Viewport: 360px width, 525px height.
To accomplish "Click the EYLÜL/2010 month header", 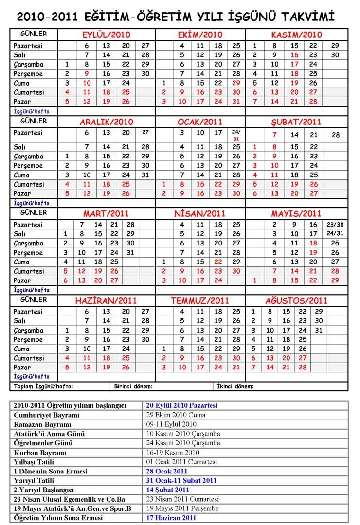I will (106, 35).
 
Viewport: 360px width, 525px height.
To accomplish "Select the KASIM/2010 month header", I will (297, 35).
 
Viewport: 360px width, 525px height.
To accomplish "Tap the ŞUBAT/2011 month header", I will (297, 122).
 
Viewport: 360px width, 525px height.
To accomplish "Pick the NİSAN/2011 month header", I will (200, 213).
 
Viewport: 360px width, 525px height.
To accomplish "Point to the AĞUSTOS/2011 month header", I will (297, 300).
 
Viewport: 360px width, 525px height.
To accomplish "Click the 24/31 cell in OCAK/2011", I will (236, 135).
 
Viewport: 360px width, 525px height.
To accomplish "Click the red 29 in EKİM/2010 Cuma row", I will (236, 83).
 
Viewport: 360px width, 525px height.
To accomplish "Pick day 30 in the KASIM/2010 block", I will (335, 55).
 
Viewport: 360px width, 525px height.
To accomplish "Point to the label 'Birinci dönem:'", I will (134, 386).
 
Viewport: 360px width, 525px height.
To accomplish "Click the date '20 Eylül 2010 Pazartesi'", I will (182, 405).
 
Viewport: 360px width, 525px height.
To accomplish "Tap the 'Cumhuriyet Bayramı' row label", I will (47, 415).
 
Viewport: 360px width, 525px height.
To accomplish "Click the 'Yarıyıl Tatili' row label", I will (36, 481).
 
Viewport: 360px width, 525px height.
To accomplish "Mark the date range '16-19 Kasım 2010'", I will (174, 453).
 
